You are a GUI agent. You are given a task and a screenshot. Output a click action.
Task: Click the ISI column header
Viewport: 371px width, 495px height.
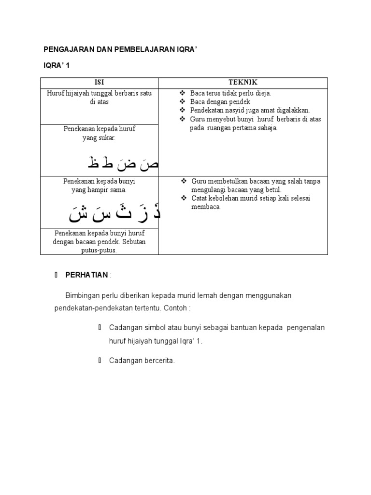tap(99, 83)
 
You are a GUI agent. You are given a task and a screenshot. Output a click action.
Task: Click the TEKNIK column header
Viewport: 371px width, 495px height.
tap(243, 83)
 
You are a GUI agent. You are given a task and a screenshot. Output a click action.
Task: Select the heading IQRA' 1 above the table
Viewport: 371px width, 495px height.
tap(57, 65)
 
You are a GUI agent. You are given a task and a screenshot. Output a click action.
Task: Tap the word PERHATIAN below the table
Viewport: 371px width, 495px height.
tap(87, 275)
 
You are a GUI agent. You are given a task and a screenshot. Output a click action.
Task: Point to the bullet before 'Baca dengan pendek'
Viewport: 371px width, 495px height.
tap(182, 102)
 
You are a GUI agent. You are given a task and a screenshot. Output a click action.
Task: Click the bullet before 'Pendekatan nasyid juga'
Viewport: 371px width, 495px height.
tap(182, 111)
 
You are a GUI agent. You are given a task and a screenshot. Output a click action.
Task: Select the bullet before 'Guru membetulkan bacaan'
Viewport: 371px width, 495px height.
tap(184, 181)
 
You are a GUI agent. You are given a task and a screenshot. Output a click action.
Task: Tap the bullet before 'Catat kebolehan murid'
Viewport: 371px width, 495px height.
tap(184, 198)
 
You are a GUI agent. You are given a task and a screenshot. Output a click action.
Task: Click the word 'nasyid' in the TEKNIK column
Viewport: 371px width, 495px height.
tap(237, 111)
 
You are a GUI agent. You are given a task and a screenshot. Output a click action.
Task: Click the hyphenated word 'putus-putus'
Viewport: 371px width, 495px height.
tap(99, 250)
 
